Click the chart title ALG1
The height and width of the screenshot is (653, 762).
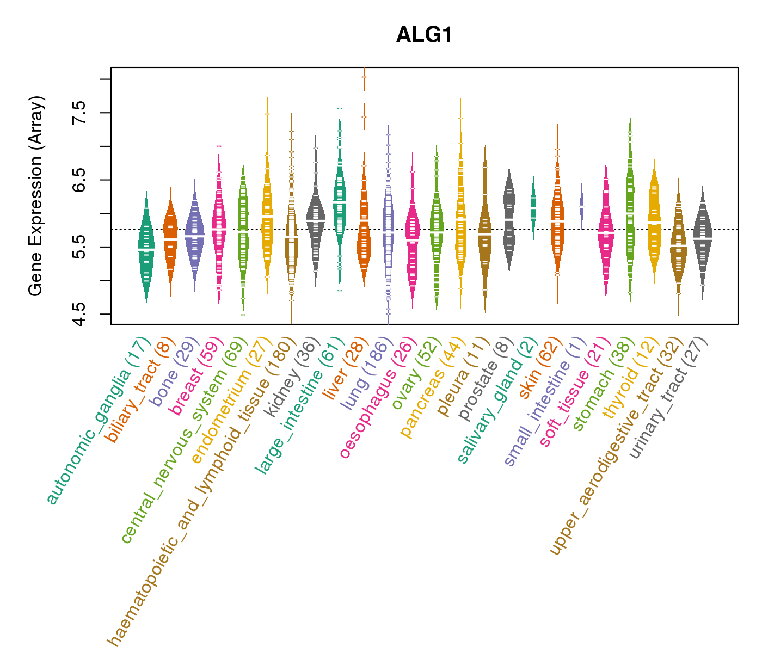425,35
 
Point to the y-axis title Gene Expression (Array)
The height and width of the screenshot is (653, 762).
36,196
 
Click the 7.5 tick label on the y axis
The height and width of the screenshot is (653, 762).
79,113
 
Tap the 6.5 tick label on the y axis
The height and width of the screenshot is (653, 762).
79,180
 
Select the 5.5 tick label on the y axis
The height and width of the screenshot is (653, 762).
79,247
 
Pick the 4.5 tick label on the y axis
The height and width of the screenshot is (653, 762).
79,314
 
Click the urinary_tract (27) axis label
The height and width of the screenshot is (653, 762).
668,398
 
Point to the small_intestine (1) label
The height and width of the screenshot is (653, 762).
544,403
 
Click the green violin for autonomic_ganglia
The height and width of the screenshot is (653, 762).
146,248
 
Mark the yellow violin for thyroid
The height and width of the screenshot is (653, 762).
654,220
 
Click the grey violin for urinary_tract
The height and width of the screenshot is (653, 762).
703,237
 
